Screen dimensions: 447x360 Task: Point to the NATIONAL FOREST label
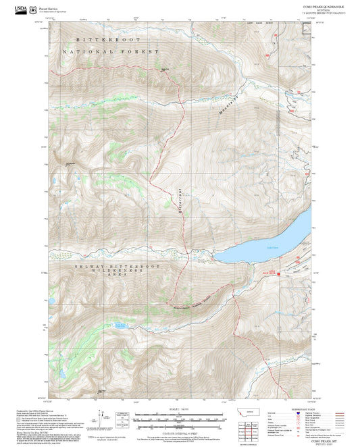(111, 51)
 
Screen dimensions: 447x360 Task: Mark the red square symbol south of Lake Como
(278, 273)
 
